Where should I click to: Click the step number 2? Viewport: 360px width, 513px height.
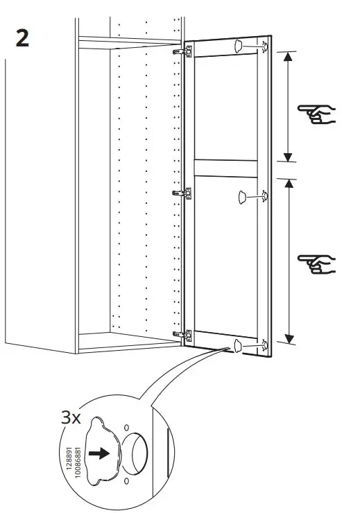22,40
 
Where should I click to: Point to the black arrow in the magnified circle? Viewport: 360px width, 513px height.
101,453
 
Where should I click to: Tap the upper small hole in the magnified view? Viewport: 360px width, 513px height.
126,427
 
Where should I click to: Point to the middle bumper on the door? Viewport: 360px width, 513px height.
243,198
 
